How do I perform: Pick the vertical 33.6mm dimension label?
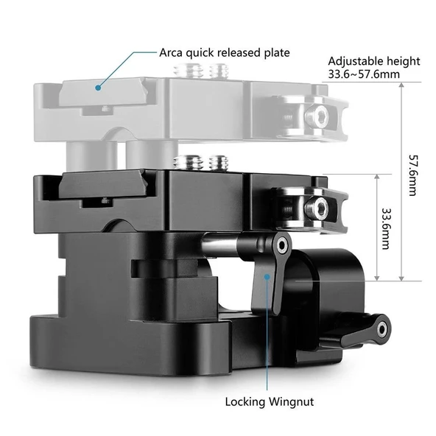(385, 228)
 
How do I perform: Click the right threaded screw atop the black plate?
(217, 162)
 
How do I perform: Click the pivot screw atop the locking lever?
(282, 244)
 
